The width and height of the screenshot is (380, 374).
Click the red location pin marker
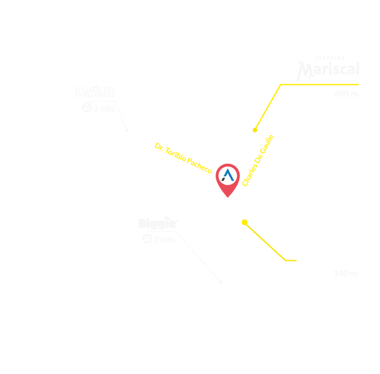pyautogui.click(x=226, y=176)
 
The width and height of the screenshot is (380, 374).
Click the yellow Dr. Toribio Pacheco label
pyautogui.click(x=184, y=159)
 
